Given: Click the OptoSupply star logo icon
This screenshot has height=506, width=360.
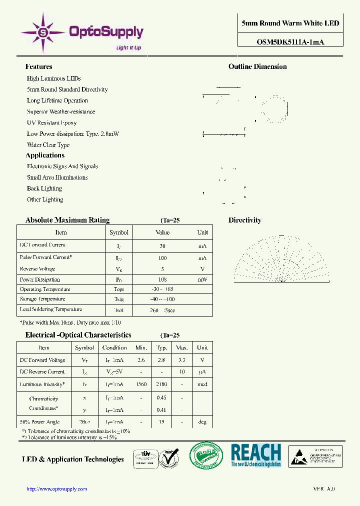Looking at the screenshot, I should point(43,32).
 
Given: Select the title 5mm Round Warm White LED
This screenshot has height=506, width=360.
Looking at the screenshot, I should point(290,23).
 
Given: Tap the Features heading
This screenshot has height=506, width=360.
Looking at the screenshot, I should point(38,66).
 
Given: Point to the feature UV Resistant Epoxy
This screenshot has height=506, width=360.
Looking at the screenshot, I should point(51,123).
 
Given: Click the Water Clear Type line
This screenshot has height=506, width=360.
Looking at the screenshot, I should point(48,145).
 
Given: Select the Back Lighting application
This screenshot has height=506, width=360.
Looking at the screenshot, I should point(44,188).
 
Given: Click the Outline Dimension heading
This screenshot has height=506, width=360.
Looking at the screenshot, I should point(257,66).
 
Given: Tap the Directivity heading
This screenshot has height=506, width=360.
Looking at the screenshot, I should point(244,220).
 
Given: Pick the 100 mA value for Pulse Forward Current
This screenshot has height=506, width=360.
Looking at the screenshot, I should point(162,258).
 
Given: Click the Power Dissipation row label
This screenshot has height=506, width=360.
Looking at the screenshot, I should point(39,279).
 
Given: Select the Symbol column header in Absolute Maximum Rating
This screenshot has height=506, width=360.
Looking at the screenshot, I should point(119,232).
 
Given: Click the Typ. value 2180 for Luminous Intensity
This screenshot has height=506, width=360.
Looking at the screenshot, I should point(161,384).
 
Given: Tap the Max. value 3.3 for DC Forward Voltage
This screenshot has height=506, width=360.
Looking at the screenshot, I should point(182,360).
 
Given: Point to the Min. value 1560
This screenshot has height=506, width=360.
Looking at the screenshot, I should point(141,384).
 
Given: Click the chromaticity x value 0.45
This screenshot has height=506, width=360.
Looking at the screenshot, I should point(161,398).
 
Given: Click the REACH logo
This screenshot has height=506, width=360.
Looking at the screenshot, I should point(255,455).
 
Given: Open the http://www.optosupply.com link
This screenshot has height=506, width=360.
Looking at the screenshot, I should point(56,489).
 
